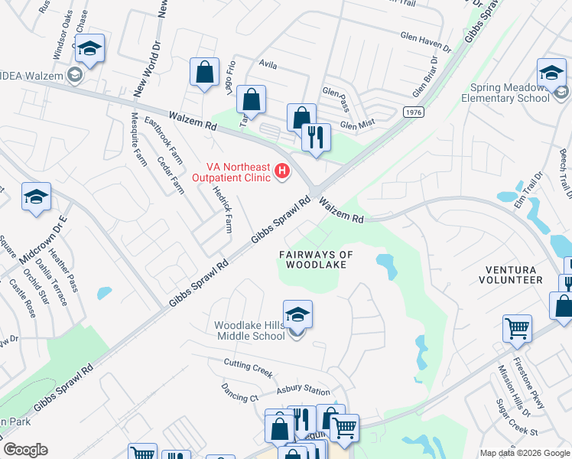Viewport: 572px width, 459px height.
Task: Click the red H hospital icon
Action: [x=283, y=171]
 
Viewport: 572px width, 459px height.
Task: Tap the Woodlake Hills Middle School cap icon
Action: [x=297, y=314]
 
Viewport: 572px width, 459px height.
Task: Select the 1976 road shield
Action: [x=414, y=112]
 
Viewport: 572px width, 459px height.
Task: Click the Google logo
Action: [x=25, y=450]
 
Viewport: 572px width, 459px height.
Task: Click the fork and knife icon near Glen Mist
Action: [x=316, y=138]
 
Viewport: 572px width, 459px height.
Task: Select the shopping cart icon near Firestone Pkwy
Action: [x=518, y=329]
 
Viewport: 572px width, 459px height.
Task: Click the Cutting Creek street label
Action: [x=249, y=367]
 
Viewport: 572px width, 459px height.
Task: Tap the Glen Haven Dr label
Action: [x=426, y=41]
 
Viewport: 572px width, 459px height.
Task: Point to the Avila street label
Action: [x=268, y=66]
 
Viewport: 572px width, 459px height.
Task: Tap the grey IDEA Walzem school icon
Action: [x=74, y=75]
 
